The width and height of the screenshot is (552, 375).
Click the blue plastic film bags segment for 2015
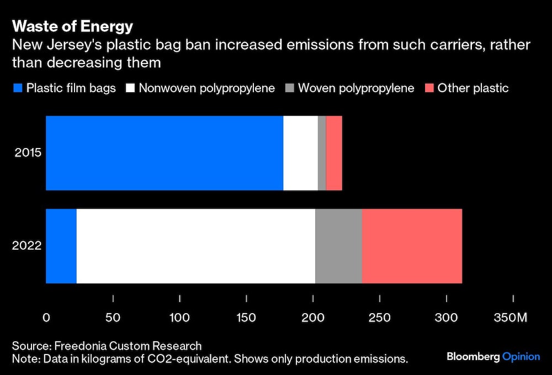tap(164, 153)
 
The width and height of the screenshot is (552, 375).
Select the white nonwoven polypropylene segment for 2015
tap(300, 153)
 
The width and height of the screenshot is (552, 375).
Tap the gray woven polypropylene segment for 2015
tap(322, 153)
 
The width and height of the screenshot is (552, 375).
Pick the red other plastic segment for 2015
tap(334, 153)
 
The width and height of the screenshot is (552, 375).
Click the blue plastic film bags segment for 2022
tap(61, 246)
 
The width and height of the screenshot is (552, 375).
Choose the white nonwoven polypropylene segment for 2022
tap(195, 246)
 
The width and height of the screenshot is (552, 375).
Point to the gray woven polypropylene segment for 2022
tap(338, 246)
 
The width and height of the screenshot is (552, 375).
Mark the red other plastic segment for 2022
tap(412, 246)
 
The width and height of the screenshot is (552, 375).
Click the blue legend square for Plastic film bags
tap(17, 88)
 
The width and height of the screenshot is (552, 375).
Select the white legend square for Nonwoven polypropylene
tap(130, 88)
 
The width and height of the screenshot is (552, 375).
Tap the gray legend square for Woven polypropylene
tap(289, 88)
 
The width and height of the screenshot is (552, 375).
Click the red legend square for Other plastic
tap(429, 88)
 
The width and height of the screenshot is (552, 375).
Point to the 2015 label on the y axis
tap(28, 152)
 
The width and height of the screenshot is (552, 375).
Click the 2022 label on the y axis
tap(28, 246)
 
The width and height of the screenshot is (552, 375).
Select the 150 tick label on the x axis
tap(246, 318)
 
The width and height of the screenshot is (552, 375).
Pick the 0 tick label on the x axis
tap(46, 318)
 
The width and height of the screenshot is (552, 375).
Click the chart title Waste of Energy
tap(72, 27)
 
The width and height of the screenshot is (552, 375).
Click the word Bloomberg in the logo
tap(473, 357)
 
